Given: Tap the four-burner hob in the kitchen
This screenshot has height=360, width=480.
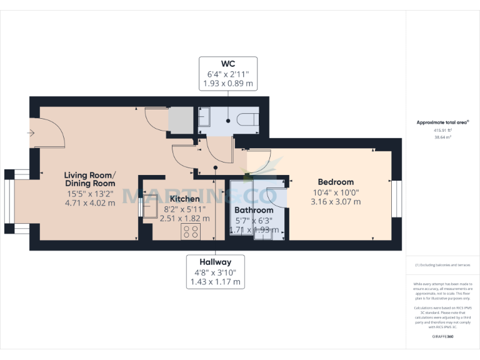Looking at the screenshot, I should coord(191,232).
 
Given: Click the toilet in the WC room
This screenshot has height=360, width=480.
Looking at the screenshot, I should coord(248,119).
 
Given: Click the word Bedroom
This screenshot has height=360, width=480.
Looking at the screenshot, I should coord(336,182).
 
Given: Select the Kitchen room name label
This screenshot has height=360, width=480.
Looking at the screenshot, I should coord(182,199).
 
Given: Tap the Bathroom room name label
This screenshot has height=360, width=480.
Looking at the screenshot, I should coord(253,210).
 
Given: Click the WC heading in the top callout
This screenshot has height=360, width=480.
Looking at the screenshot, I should coord(228,64).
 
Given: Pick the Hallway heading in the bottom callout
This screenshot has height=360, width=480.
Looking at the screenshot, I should coord(216,262).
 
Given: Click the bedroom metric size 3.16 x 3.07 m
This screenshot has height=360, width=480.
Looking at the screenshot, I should coord(336,202).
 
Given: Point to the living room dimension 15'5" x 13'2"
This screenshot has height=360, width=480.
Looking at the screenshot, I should coord(91,194).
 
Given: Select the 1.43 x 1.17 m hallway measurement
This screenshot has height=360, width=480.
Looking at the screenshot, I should coord(216,282).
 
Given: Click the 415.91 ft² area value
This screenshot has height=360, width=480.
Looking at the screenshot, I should coord(442,130).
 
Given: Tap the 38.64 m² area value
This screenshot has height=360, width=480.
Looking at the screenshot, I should coord(442,136).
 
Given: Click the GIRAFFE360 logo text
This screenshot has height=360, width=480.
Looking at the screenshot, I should coord(442,336).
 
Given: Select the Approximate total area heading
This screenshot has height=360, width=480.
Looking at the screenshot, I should coord(442,122).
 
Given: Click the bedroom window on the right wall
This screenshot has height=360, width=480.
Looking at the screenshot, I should coord(396,199).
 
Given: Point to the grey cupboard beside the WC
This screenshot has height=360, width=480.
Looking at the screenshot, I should coord(180,120).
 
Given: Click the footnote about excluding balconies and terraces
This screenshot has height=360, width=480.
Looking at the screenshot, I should coord(442,266).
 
